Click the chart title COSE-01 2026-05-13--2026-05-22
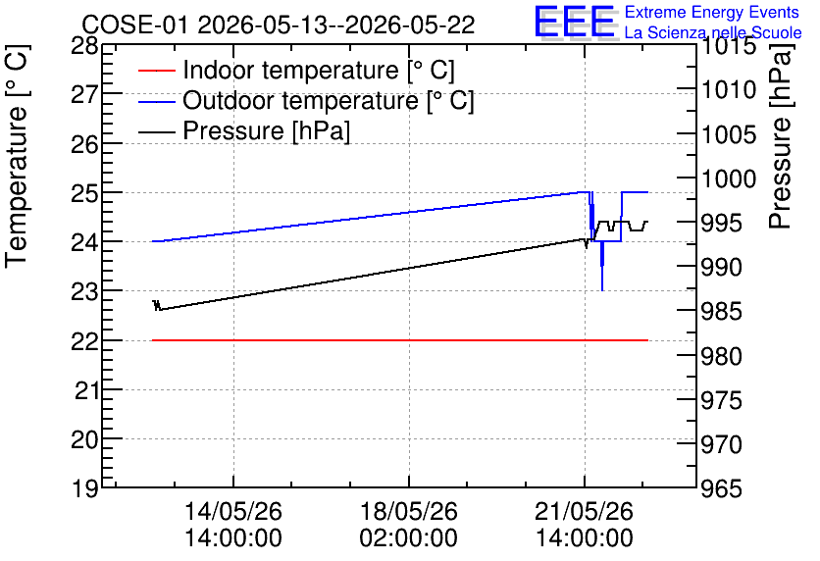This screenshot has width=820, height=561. pyautogui.click(x=279, y=25)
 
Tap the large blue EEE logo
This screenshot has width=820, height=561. pyautogui.click(x=574, y=22)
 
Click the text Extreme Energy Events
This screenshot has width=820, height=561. pyautogui.click(x=712, y=12)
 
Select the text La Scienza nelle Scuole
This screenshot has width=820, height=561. pyautogui.click(x=713, y=32)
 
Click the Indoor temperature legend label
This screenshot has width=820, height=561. pyautogui.click(x=319, y=70)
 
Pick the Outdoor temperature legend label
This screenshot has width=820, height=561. pyautogui.click(x=329, y=100)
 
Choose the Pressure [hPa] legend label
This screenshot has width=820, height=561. pyautogui.click(x=266, y=130)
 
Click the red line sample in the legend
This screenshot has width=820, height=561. pyautogui.click(x=156, y=71)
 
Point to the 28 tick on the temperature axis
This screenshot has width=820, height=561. pyautogui.click(x=84, y=46)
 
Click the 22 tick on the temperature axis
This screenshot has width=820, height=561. pyautogui.click(x=84, y=341)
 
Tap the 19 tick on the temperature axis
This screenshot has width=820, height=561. pyautogui.click(x=84, y=489)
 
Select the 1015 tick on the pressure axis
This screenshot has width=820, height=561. pyautogui.click(x=721, y=46)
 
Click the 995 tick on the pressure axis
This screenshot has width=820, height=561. pyautogui.click(x=721, y=224)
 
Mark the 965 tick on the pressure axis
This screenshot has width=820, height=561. pyautogui.click(x=721, y=489)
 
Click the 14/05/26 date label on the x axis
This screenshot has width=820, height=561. pyautogui.click(x=233, y=511)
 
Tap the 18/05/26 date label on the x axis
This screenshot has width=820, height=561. pyautogui.click(x=408, y=511)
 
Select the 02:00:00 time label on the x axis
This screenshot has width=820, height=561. pyautogui.click(x=408, y=538)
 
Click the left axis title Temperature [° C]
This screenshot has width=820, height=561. pyautogui.click(x=17, y=156)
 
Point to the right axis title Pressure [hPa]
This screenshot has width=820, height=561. pyautogui.click(x=780, y=136)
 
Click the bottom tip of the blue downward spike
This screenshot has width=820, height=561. pyautogui.click(x=602, y=290)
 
